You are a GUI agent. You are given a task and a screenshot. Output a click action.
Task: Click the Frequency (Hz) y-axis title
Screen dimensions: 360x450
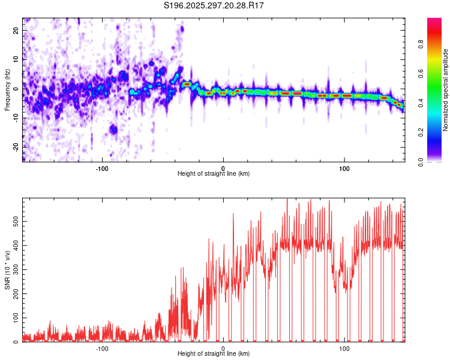point(7,90)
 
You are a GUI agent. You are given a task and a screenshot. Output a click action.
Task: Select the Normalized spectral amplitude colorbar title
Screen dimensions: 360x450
point(446,90)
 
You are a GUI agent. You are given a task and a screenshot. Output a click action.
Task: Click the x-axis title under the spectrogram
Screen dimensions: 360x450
point(214,174)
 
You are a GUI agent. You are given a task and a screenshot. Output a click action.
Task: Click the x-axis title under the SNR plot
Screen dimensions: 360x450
point(214,354)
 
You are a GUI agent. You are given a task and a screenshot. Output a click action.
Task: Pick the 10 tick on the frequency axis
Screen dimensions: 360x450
point(16,59)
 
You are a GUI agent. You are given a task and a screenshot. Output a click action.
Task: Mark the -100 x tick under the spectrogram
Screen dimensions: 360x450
point(101,168)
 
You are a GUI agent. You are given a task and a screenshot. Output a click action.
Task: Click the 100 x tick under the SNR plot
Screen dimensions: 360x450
point(344,348)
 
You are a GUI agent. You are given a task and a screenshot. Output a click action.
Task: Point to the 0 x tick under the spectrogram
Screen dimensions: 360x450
point(223,168)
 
